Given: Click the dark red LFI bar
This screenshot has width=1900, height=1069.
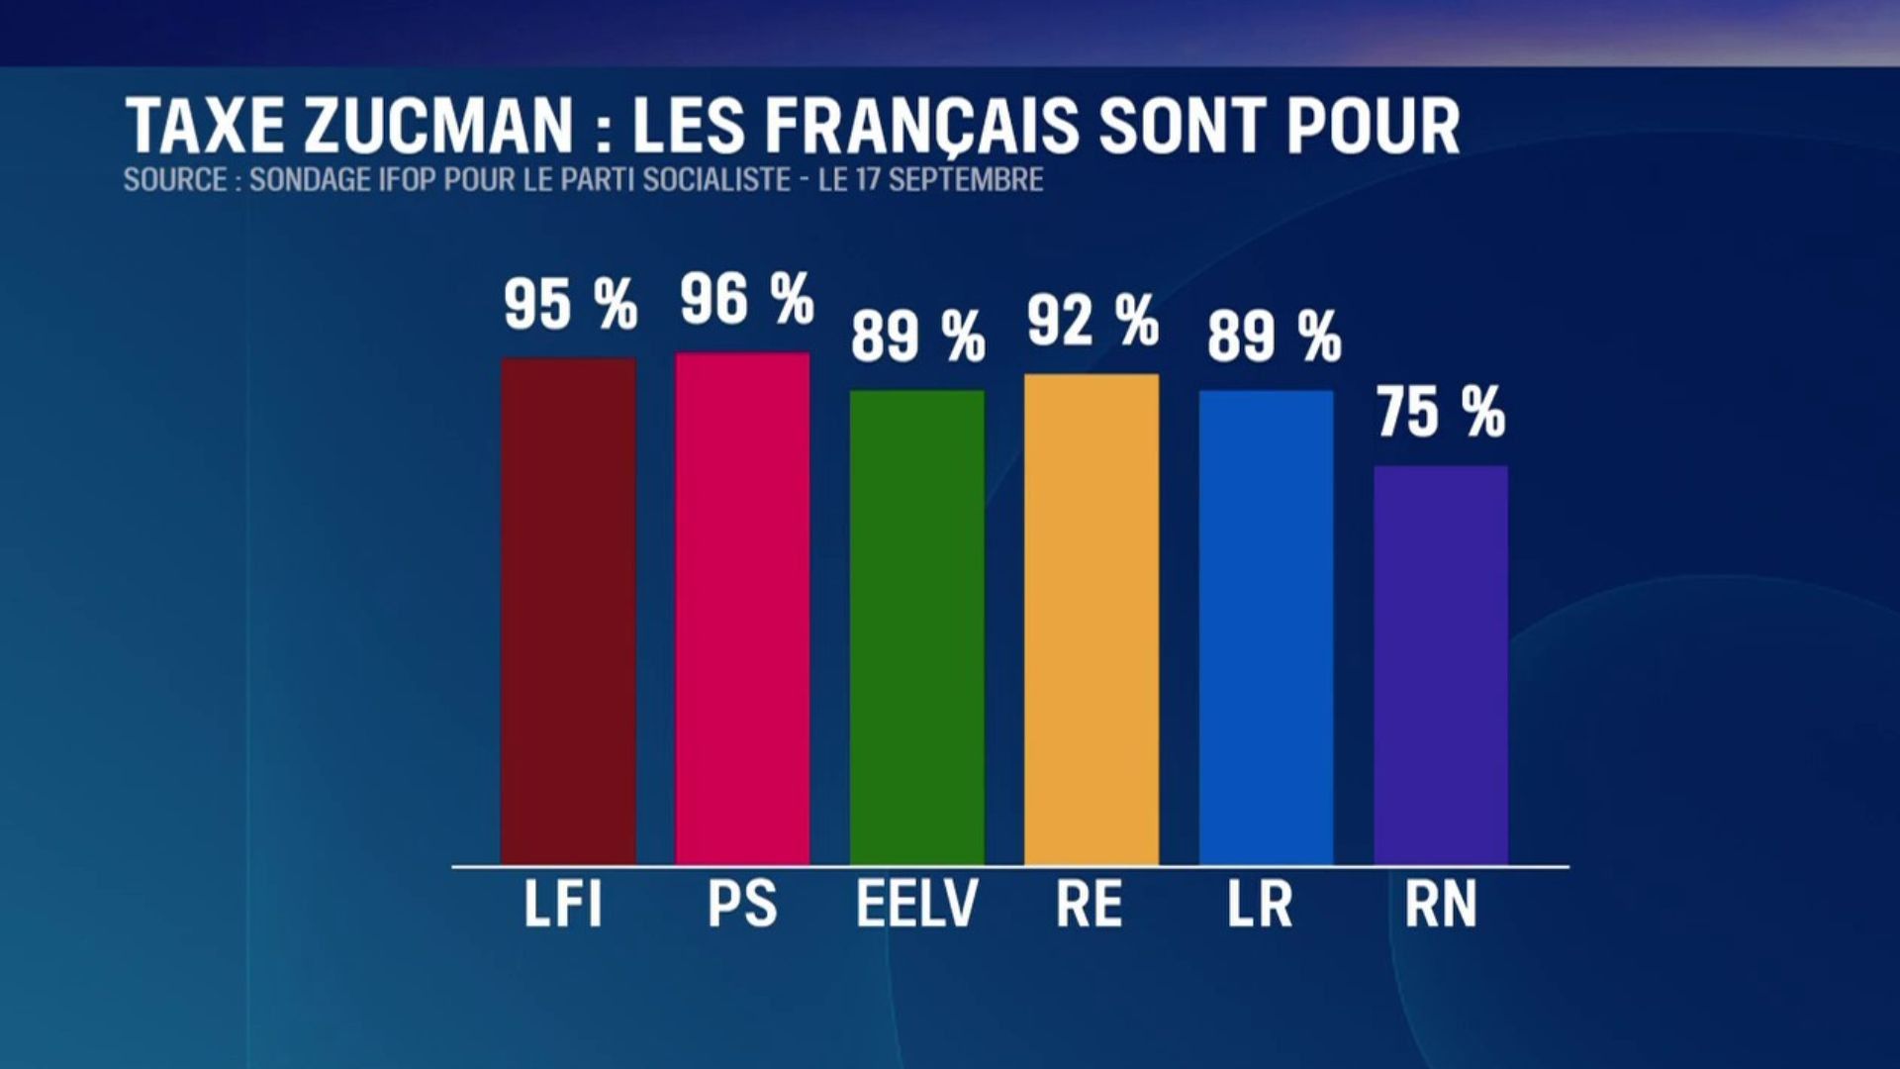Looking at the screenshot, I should pyautogui.click(x=568, y=611).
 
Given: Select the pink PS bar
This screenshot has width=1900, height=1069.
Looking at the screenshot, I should pyautogui.click(x=742, y=608).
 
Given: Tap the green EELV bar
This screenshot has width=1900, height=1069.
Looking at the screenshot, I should pyautogui.click(x=917, y=627).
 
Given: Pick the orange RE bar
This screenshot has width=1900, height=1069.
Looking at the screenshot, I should pyautogui.click(x=1092, y=619).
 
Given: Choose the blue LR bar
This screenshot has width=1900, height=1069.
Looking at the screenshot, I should pyautogui.click(x=1266, y=627).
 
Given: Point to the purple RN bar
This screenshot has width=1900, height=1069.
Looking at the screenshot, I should pyautogui.click(x=1441, y=664).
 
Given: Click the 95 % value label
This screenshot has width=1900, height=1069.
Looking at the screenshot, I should pyautogui.click(x=570, y=304).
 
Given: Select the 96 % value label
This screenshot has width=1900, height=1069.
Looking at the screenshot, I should pyautogui.click(x=746, y=299).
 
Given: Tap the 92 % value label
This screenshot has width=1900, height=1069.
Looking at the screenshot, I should pyautogui.click(x=1092, y=321).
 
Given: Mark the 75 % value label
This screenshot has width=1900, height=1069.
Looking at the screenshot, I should pyautogui.click(x=1441, y=413).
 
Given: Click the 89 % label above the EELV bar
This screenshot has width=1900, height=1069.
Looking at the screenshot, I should pyautogui.click(x=918, y=337).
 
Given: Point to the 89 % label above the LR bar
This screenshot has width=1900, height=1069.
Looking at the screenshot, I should pyautogui.click(x=1274, y=337).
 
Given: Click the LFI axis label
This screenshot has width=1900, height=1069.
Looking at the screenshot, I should pyautogui.click(x=563, y=904).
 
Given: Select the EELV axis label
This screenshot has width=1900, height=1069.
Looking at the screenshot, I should pyautogui.click(x=916, y=904).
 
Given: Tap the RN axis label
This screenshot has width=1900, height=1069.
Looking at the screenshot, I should pyautogui.click(x=1441, y=904).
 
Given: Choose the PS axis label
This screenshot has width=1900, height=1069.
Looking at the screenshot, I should pyautogui.click(x=742, y=904).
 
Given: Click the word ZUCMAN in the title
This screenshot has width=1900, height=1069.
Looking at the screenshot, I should pyautogui.click(x=437, y=127).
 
